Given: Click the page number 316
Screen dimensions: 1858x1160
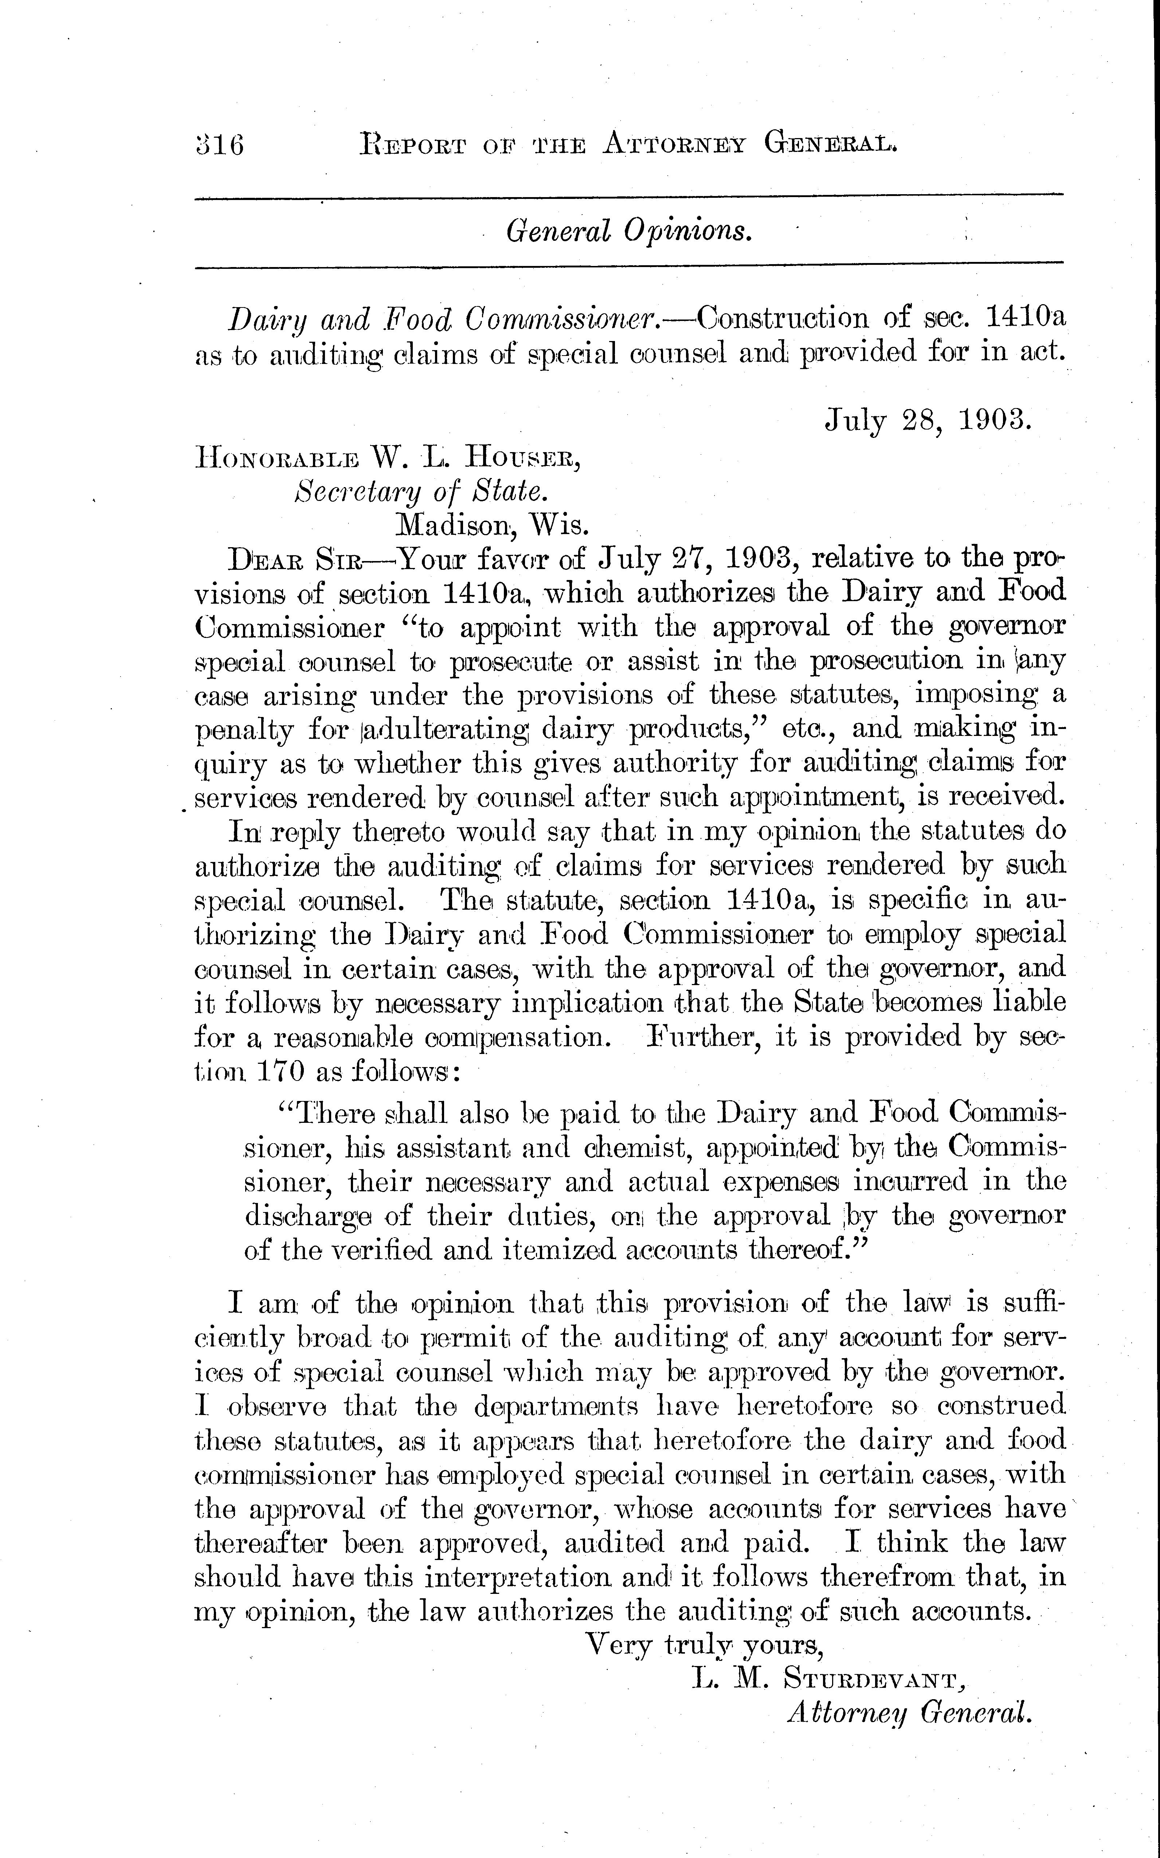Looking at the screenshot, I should (x=220, y=144).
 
